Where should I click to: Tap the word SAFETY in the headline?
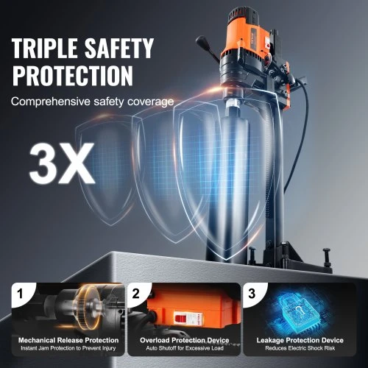coord(118,48)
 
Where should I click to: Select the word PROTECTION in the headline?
coord(73,75)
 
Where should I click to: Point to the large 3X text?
coord(62,163)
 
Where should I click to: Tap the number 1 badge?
coord(21,294)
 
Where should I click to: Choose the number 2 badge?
coord(135,294)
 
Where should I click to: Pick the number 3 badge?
coord(252,294)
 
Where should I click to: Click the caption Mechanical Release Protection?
coord(68,340)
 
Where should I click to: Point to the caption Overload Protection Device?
coord(185,340)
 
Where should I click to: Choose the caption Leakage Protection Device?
coord(300,340)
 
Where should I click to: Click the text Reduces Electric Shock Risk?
coord(300,348)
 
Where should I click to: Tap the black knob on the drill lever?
coord(201,40)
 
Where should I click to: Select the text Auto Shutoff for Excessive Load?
coord(185,348)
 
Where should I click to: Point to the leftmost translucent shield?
coord(105,171)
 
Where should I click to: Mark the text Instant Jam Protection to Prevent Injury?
coord(68,348)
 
